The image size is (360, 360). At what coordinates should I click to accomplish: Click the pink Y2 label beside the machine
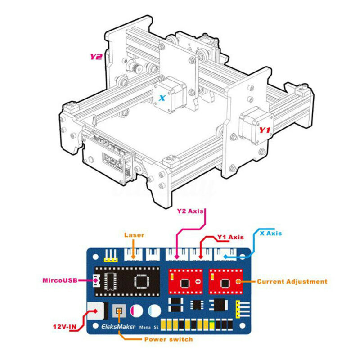(96, 57)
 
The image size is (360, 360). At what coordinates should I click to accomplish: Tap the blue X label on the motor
(162, 98)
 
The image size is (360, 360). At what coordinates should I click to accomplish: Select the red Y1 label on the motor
(265, 130)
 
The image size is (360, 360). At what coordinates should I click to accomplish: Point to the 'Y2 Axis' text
(190, 211)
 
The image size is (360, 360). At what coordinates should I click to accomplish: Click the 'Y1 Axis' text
(230, 237)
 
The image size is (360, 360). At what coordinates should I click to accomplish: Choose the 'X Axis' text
(271, 233)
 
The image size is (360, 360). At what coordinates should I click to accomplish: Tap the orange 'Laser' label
(134, 235)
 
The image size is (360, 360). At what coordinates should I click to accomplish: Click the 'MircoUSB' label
(60, 280)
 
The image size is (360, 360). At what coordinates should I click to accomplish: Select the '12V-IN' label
(65, 326)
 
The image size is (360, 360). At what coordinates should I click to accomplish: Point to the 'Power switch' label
(169, 339)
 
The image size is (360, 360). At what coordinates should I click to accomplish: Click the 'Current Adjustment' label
(292, 282)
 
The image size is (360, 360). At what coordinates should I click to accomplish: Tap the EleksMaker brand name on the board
(118, 326)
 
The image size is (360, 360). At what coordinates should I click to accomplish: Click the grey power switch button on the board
(119, 311)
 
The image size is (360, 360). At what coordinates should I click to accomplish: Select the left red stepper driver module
(186, 281)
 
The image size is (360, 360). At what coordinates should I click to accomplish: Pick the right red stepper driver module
(226, 281)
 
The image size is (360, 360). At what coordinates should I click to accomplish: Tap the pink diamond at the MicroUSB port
(95, 280)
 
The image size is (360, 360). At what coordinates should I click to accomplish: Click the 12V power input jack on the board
(98, 311)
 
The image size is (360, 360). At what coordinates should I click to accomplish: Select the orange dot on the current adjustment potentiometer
(239, 281)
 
